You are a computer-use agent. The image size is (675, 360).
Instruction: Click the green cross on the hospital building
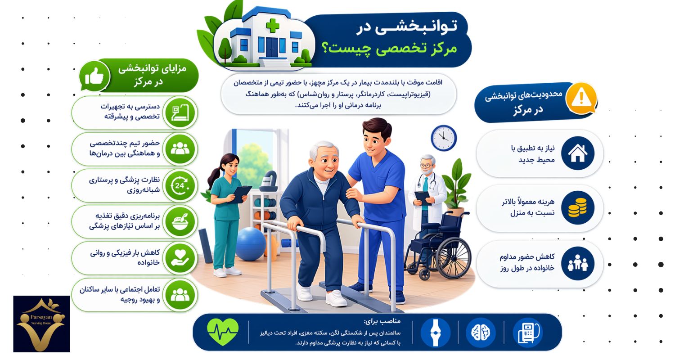pyautogui.click(x=273, y=26)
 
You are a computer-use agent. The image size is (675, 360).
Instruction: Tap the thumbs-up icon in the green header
pyautogui.click(x=94, y=76)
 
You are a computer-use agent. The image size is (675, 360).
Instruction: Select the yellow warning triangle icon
pyautogui.click(x=581, y=96)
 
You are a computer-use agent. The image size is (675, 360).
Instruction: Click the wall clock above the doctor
pyautogui.click(x=444, y=138)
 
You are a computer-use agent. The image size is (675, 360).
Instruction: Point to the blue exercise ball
pyautogui.click(x=251, y=244)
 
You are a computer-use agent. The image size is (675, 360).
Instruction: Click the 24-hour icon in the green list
pyautogui.click(x=180, y=185)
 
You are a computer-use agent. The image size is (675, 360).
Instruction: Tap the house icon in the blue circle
pyautogui.click(x=578, y=153)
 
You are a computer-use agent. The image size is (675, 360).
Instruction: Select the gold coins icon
pyautogui.click(x=578, y=207)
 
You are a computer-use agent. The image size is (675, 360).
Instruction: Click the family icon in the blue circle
pyautogui.click(x=578, y=263)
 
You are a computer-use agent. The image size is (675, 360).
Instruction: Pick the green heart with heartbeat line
pyautogui.click(x=223, y=332)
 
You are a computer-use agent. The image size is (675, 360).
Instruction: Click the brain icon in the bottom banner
pyautogui.click(x=480, y=332)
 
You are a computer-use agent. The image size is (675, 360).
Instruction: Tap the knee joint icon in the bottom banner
pyautogui.click(x=435, y=333)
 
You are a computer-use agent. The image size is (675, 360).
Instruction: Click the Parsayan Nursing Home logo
pyautogui.click(x=41, y=324)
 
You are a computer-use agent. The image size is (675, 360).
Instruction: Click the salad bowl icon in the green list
pyautogui.click(x=180, y=222)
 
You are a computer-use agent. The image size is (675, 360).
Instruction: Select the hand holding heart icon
pyautogui.click(x=180, y=258)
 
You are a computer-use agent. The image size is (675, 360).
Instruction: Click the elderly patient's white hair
pyautogui.click(x=323, y=148)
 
